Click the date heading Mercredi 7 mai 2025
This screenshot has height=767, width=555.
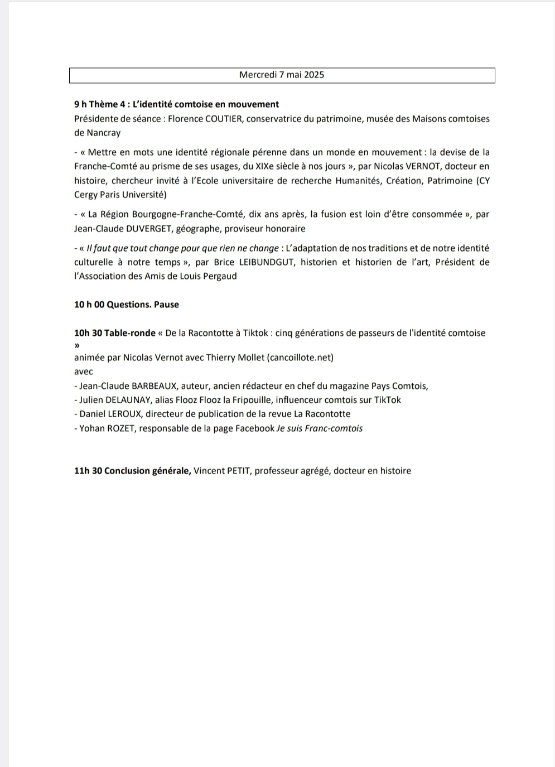pos(282,75)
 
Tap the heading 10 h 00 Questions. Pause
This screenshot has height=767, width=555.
pos(127,305)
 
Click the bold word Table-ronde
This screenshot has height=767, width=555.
pos(130,333)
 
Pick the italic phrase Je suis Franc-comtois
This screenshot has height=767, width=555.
pos(320,428)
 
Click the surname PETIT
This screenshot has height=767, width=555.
pos(238,471)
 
